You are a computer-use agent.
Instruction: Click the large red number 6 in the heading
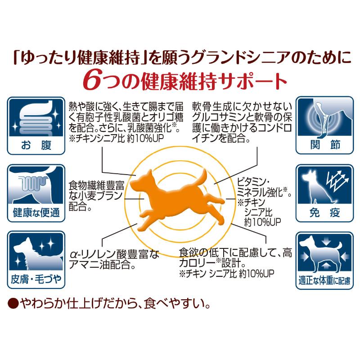(91, 81)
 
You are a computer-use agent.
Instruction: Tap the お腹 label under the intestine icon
(36, 145)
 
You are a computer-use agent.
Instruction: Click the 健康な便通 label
(36, 212)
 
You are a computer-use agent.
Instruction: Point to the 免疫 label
(324, 212)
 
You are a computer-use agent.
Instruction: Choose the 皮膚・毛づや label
(36, 279)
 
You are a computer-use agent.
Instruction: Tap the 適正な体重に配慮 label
(324, 280)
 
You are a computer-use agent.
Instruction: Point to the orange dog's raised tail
(201, 177)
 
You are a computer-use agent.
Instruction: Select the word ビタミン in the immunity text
(251, 182)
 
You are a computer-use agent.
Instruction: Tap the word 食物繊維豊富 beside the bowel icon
(96, 185)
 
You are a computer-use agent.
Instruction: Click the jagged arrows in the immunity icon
(337, 181)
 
